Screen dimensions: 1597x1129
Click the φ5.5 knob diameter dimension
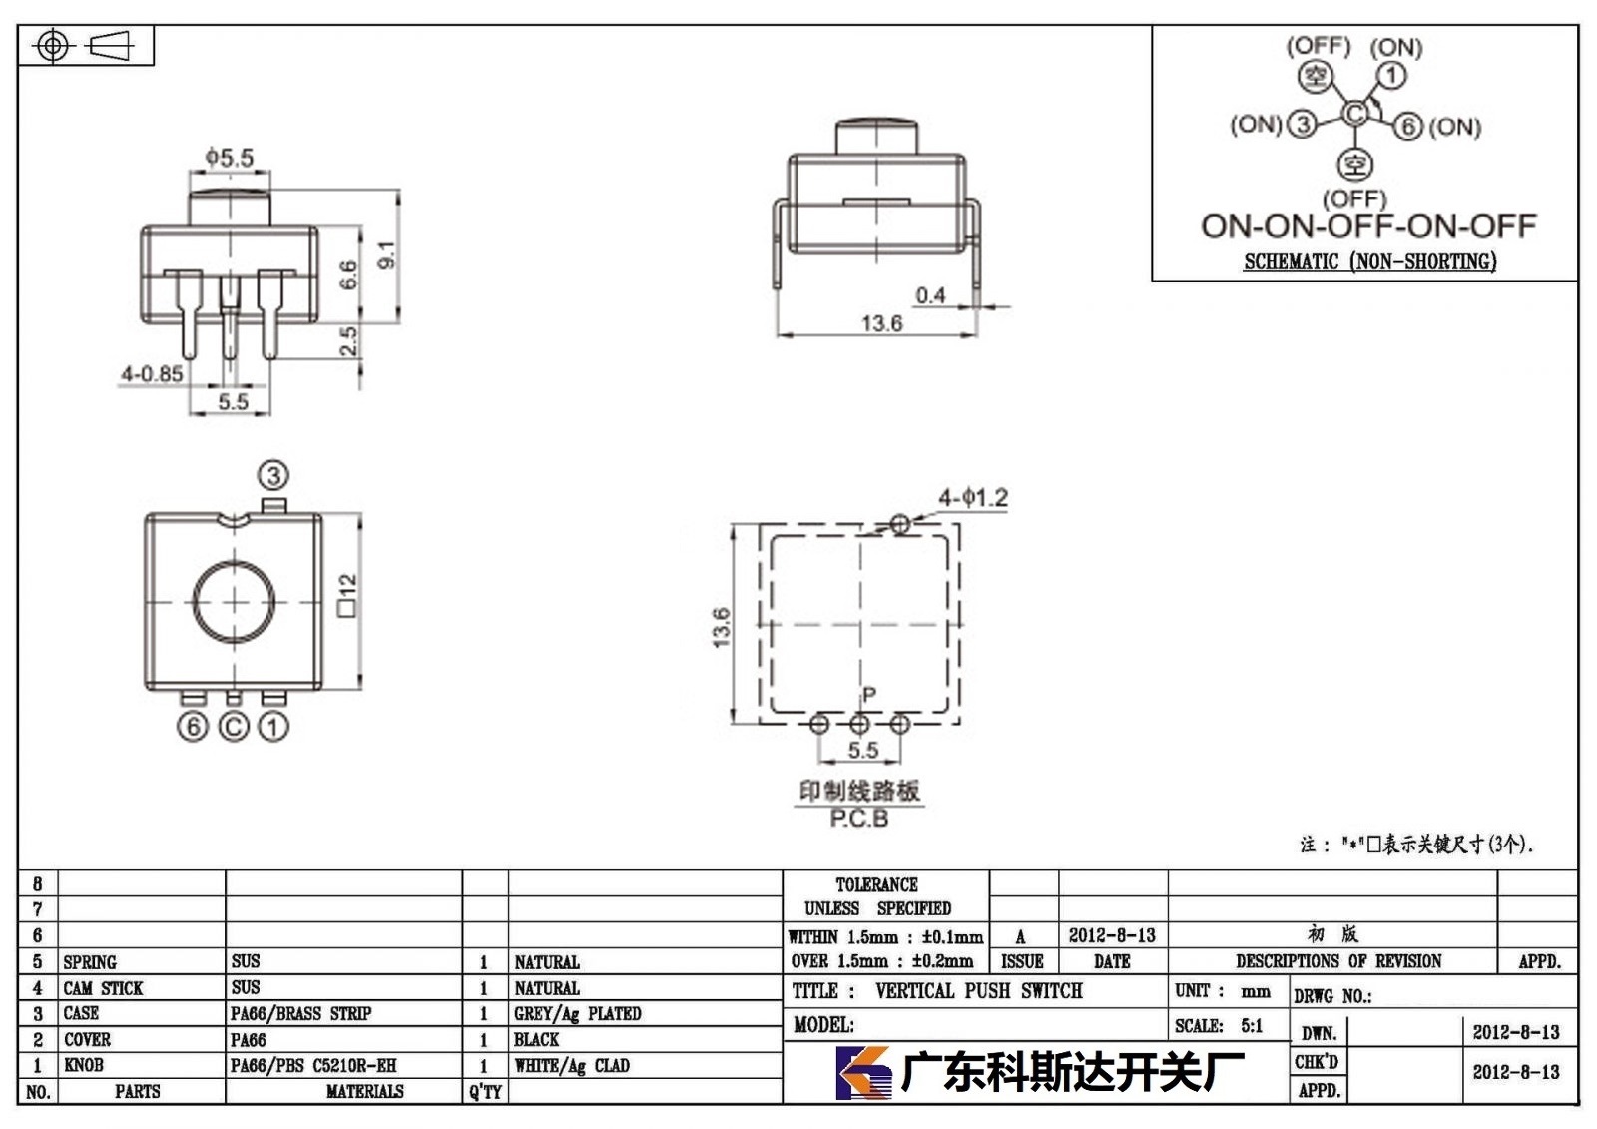(x=229, y=158)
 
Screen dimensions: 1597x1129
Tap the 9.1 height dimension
(x=386, y=255)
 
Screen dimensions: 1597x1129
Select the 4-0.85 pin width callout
(x=152, y=373)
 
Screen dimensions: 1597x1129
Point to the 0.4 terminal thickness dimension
(x=930, y=295)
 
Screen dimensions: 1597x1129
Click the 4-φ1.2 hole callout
(x=973, y=497)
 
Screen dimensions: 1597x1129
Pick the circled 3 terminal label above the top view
(x=273, y=475)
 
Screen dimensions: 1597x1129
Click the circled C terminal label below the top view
(x=234, y=727)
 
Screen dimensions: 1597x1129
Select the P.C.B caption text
(x=859, y=818)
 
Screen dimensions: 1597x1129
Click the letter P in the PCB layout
(x=869, y=693)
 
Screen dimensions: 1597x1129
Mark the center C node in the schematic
(x=1354, y=114)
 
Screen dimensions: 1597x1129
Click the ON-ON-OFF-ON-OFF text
(x=1368, y=226)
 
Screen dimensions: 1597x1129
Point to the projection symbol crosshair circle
(x=53, y=46)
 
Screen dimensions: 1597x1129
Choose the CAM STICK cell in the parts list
(x=104, y=988)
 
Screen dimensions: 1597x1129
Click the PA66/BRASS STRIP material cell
(x=300, y=1013)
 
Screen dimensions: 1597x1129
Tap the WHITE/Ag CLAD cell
(x=572, y=1065)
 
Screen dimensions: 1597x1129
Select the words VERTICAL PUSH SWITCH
(x=979, y=990)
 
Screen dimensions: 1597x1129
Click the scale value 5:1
(x=1252, y=1025)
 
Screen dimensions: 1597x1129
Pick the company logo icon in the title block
(x=863, y=1073)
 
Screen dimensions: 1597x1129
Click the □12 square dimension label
(x=347, y=595)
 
